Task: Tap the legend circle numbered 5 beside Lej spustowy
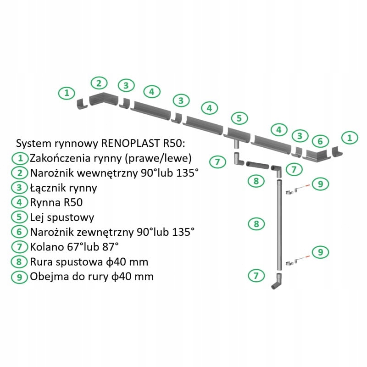click(x=20, y=217)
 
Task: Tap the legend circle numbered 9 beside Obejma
click(x=20, y=276)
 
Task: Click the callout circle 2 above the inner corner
click(x=99, y=83)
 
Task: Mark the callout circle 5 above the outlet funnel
click(x=239, y=118)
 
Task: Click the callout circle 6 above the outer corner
click(x=321, y=141)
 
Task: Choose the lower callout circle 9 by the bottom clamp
click(x=320, y=252)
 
